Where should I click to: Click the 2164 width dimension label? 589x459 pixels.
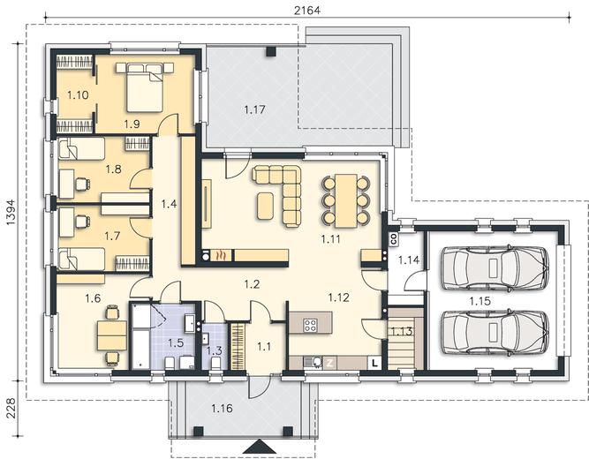coord(307,10)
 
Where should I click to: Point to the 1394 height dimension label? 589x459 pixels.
coord(11,212)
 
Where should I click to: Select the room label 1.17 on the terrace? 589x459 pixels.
coord(254,109)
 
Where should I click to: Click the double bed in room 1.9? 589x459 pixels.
coord(145,87)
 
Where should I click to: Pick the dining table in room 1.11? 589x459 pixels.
coord(345,200)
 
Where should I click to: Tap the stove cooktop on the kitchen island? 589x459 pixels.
coord(310,325)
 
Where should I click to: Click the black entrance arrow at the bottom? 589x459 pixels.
coord(260,448)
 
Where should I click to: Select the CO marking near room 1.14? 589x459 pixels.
coord(394,239)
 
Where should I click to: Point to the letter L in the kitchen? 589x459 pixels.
coord(374,363)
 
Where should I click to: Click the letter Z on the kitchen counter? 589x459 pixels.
coord(330,363)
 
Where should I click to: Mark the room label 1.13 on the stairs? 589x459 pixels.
coord(402,331)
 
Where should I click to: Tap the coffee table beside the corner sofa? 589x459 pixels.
coord(266,206)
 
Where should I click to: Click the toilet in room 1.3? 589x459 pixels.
coord(215,363)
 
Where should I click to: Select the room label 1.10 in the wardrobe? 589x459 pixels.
coord(78,95)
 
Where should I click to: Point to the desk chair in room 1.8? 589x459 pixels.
coord(82,184)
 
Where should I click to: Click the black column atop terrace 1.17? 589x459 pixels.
coord(271,51)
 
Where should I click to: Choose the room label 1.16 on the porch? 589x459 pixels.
coord(222,408)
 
